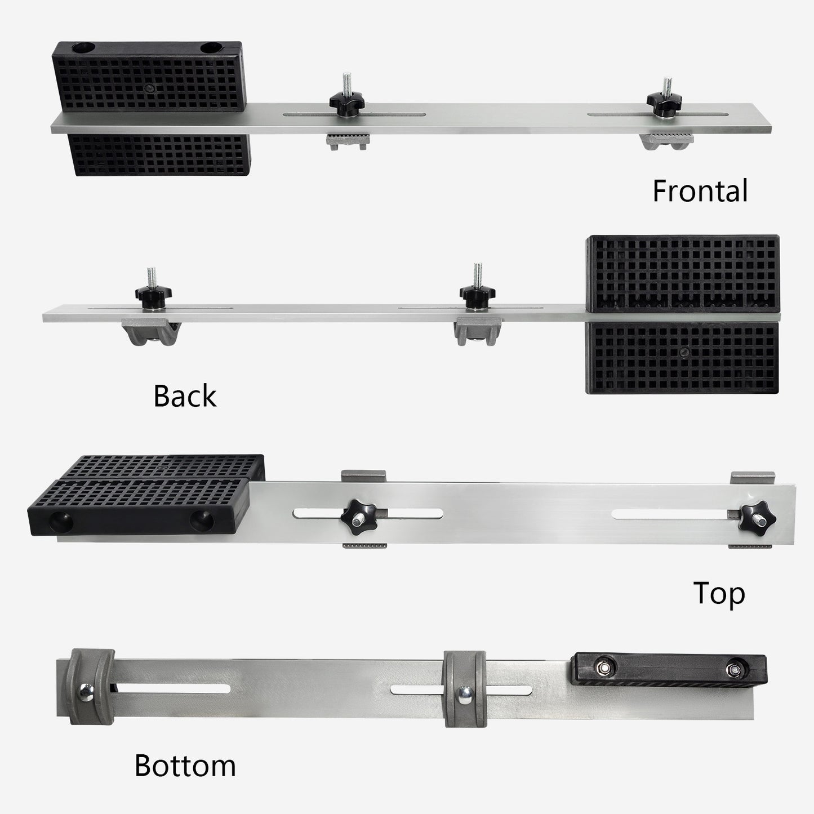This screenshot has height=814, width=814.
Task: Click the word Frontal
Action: (700, 191)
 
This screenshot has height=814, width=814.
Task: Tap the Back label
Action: (185, 396)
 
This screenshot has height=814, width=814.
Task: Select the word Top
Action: (719, 594)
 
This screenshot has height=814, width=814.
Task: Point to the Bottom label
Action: (185, 766)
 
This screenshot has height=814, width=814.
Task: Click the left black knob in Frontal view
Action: (346, 103)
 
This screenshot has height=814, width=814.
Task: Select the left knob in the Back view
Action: (153, 295)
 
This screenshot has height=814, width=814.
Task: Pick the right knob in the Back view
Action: (477, 293)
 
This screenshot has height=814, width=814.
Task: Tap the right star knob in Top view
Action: (757, 515)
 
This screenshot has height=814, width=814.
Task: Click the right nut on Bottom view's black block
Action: (733, 669)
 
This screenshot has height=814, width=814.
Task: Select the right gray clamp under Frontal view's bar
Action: (668, 141)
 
